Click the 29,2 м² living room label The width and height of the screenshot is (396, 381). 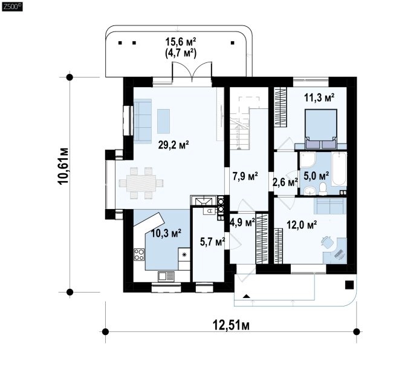[x=174, y=145]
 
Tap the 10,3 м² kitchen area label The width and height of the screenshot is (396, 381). [x=166, y=233]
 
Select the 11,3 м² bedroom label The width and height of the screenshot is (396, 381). [x=319, y=98]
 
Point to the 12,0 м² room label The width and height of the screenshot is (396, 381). [x=302, y=224]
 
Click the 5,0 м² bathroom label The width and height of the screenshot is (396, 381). [x=316, y=176]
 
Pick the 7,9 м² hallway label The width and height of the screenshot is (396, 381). [x=245, y=176]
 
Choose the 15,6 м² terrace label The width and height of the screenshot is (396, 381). [x=181, y=42]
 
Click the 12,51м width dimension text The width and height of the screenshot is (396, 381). [x=231, y=325]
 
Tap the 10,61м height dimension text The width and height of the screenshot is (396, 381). [x=63, y=166]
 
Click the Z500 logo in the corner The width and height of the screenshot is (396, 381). [x=12, y=7]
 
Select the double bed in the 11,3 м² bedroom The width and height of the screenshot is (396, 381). [x=321, y=128]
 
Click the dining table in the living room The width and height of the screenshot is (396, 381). [x=141, y=183]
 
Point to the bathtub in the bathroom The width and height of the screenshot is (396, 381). [x=339, y=169]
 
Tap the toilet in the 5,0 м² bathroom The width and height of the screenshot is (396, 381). [x=323, y=189]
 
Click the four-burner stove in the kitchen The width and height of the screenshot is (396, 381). [x=139, y=254]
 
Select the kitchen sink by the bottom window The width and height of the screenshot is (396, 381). [x=166, y=276]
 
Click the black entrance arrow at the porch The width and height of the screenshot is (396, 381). [x=247, y=297]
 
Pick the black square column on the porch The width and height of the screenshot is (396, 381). [x=349, y=285]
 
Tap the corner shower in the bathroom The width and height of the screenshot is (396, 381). [x=307, y=160]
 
